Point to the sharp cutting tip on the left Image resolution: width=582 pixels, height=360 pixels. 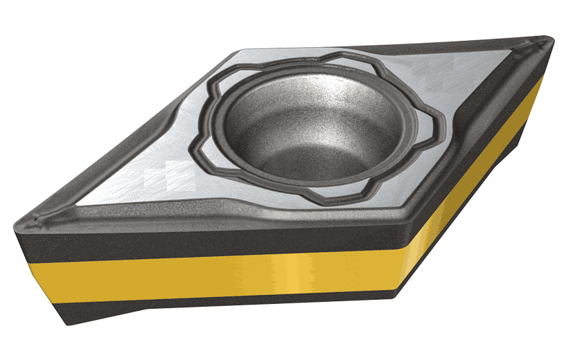(x=21, y=222)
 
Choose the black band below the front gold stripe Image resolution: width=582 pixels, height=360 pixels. (x=208, y=299)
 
